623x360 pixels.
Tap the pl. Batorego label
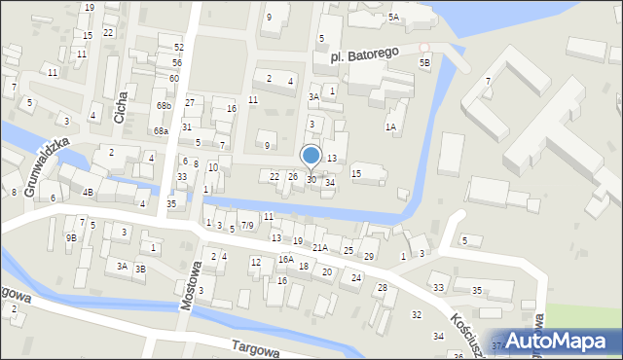click(359, 56)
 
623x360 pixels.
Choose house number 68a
click(161, 130)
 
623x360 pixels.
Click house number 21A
click(319, 248)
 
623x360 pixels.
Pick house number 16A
click(285, 260)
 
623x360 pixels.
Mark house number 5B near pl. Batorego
click(424, 63)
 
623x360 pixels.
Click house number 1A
click(390, 126)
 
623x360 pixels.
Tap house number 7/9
click(248, 226)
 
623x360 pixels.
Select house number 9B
click(70, 237)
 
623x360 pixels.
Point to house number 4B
click(88, 192)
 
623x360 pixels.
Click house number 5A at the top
click(393, 18)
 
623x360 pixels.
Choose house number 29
click(368, 256)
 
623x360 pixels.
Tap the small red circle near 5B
click(423, 47)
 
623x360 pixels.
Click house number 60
click(173, 78)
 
